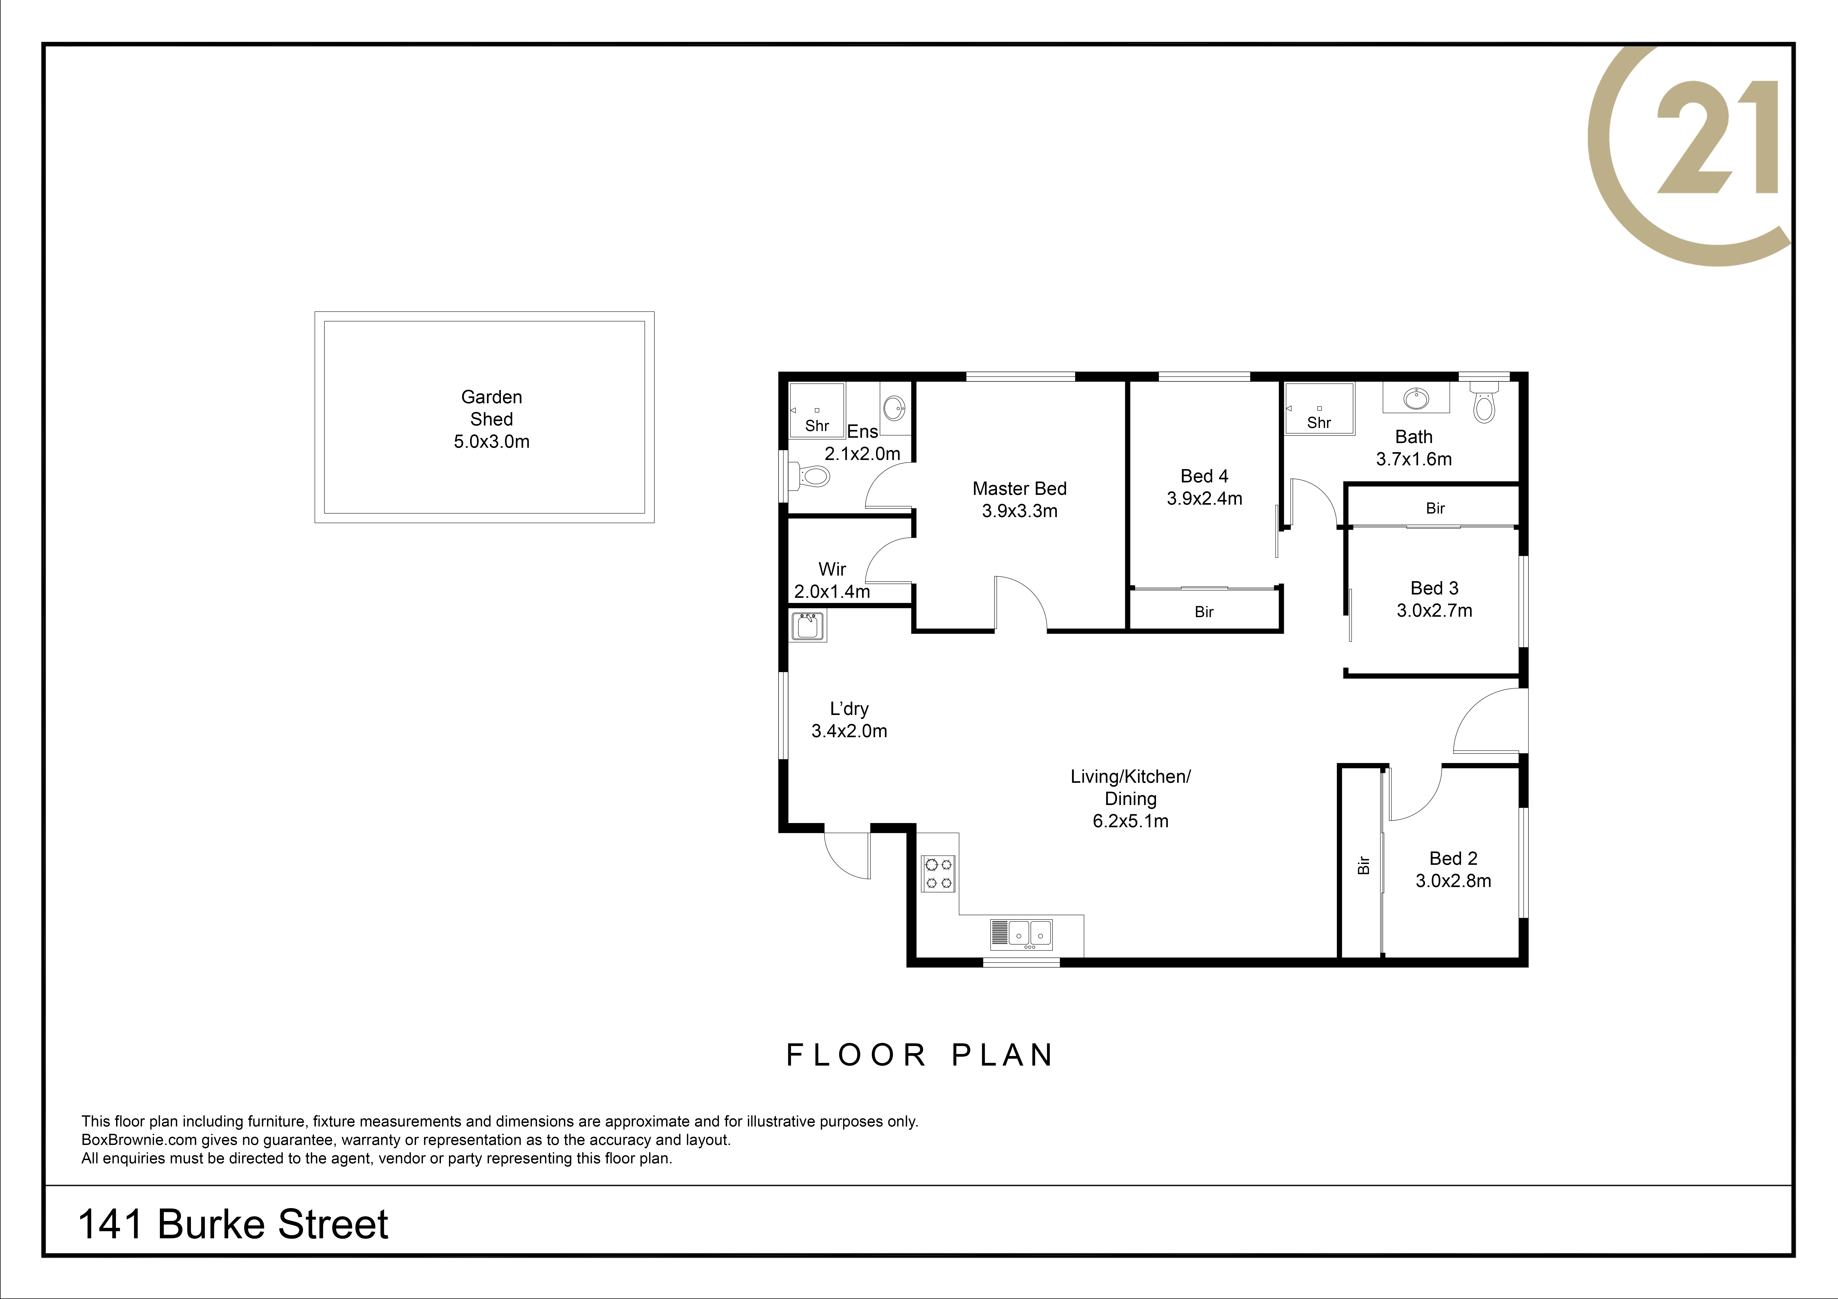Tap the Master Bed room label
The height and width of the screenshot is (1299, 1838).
1019,488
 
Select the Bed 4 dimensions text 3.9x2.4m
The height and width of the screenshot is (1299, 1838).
1204,499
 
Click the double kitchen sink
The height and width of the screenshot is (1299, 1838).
1022,933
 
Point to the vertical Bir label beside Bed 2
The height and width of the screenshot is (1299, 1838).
1363,865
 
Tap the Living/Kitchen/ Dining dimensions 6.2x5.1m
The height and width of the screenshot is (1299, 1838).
1130,821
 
